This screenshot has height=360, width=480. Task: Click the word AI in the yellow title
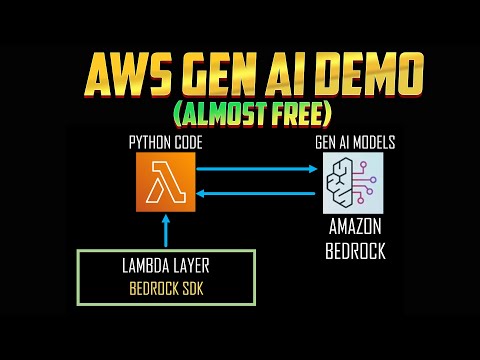292,72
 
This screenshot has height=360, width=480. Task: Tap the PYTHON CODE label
166,143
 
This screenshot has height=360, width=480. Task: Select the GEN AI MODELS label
354,143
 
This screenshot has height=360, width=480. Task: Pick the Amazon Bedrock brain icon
353,183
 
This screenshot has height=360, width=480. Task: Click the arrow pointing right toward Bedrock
258,168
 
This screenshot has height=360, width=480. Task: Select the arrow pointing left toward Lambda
258,194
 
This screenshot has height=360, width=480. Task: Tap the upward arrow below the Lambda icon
166,231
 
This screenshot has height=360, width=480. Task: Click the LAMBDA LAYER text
166,267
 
